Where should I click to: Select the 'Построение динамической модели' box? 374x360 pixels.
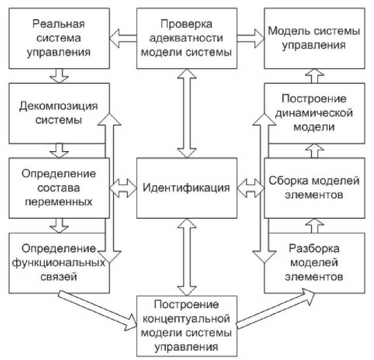[315, 113]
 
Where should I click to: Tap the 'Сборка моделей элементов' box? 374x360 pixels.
[315, 187]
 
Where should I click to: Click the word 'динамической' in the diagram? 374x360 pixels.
[315, 113]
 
